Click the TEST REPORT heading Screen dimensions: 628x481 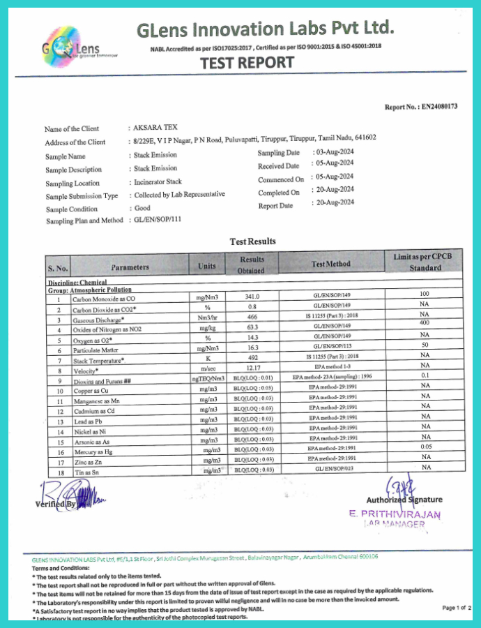tap(247, 63)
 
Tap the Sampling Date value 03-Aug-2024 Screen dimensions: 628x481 tap(336, 151)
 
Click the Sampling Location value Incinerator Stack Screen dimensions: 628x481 tap(158, 182)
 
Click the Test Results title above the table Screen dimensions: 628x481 tap(253, 241)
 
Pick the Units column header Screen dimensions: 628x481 tap(207, 266)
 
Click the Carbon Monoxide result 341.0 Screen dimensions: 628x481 tap(257, 297)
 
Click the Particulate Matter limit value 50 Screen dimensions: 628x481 tap(424, 345)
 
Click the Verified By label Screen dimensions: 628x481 tap(55, 503)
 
